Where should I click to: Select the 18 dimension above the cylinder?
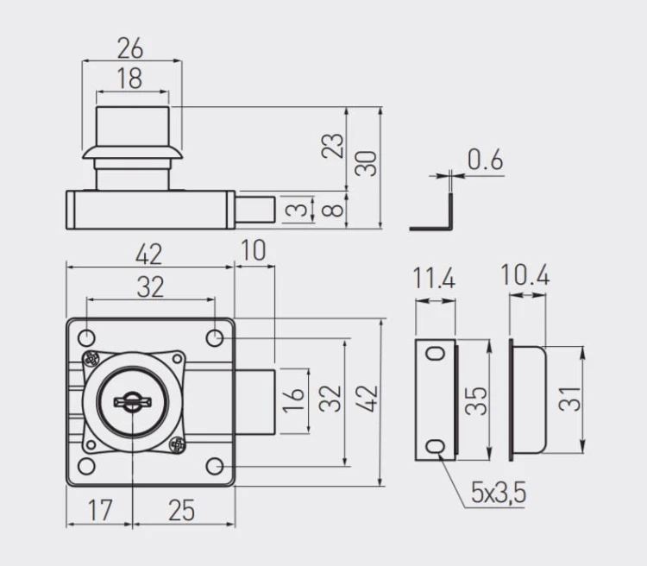[x=129, y=79]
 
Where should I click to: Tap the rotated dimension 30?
[x=368, y=163]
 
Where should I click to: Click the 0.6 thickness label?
[x=485, y=160]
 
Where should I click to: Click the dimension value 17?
[x=100, y=510]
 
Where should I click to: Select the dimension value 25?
[x=181, y=510]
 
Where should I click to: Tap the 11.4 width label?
[x=434, y=279]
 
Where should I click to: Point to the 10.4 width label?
[x=525, y=275]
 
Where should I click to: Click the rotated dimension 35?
[x=476, y=400]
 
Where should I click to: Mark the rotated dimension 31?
[x=570, y=399]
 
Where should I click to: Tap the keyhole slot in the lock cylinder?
[x=132, y=399]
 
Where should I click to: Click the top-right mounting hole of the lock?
[x=215, y=335]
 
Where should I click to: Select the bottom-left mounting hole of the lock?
[x=86, y=467]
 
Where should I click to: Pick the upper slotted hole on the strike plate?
[x=437, y=352]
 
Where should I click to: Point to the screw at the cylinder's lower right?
[x=178, y=445]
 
